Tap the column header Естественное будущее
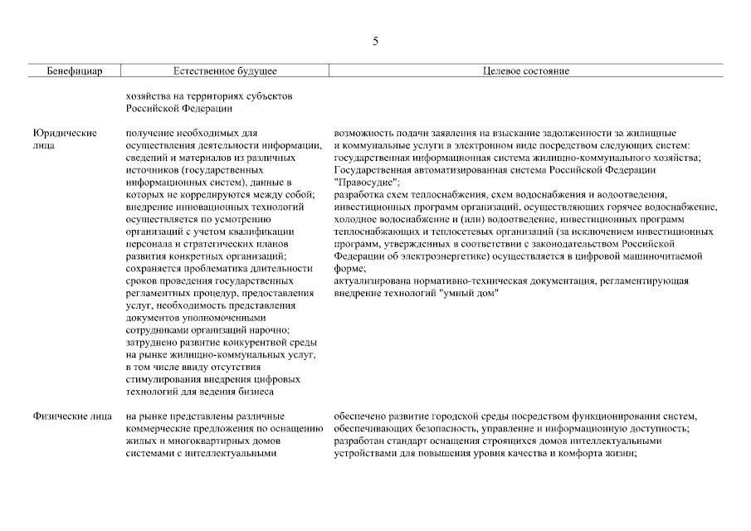click(x=225, y=71)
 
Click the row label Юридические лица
click(x=65, y=139)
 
